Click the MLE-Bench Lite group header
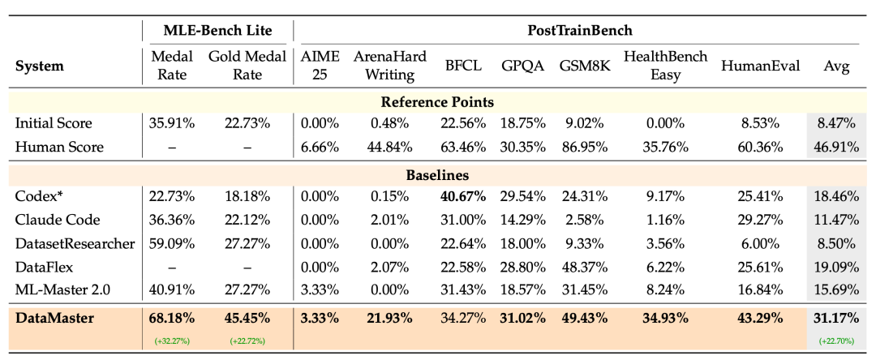click(x=217, y=30)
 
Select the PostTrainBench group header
click(x=580, y=30)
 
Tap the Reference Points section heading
click(x=437, y=102)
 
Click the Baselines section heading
click(x=437, y=174)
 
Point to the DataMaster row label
click(x=55, y=319)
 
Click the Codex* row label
click(x=36, y=196)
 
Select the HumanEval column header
click(x=761, y=66)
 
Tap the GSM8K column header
click(x=584, y=66)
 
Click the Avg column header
click(x=836, y=66)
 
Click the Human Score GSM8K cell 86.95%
click(x=584, y=148)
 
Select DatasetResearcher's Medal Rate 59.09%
click(x=171, y=244)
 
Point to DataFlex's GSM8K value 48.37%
click(x=584, y=268)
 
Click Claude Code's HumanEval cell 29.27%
click(x=761, y=220)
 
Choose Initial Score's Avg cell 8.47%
click(x=836, y=123)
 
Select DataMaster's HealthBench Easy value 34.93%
click(x=665, y=319)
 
